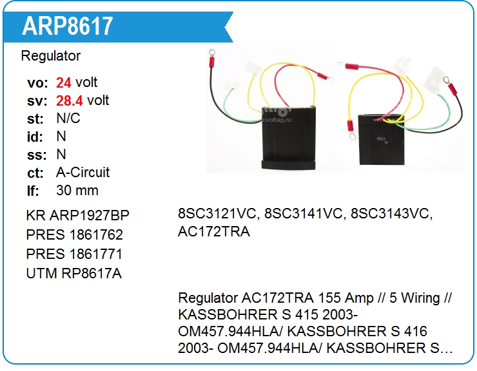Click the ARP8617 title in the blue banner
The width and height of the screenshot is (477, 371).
tap(68, 25)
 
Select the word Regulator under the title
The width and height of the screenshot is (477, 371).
tap(51, 56)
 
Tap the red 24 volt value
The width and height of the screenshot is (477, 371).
tap(63, 82)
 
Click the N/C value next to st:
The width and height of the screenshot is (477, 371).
tap(68, 119)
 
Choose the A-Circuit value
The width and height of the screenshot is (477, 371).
tap(83, 173)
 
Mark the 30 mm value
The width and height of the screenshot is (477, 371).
tap(77, 191)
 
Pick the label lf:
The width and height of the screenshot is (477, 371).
tap(33, 191)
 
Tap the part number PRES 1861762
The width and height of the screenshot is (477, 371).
tap(74, 234)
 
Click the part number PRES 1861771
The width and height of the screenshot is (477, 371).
tap(74, 254)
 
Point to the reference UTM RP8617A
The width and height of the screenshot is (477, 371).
tap(73, 273)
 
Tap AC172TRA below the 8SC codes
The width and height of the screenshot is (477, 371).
tap(213, 232)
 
